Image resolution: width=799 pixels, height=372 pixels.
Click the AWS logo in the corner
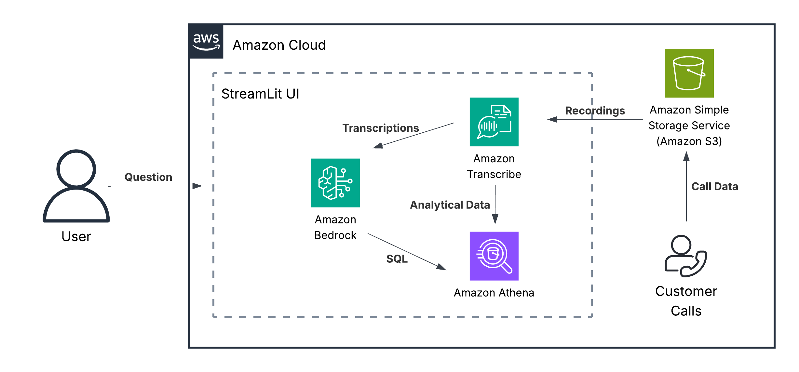pyautogui.click(x=206, y=42)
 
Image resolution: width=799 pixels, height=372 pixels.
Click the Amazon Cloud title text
pyautogui.click(x=279, y=45)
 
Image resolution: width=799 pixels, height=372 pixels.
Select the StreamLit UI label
pyautogui.click(x=260, y=94)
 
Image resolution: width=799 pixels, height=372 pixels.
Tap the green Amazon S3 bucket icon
pyautogui.click(x=689, y=73)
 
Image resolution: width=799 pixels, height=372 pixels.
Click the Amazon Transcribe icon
pyautogui.click(x=494, y=122)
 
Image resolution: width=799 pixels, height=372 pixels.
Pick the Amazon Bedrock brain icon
pyautogui.click(x=335, y=183)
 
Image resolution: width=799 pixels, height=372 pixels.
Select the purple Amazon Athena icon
pyautogui.click(x=494, y=256)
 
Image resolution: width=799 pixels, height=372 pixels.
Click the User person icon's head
pyautogui.click(x=76, y=169)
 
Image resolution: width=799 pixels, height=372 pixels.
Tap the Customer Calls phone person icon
pyautogui.click(x=685, y=256)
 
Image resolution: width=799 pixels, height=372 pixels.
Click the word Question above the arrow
pyautogui.click(x=148, y=177)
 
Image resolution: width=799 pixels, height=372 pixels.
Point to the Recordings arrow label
pyautogui.click(x=595, y=111)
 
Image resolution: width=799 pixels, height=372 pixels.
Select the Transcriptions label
pyautogui.click(x=380, y=128)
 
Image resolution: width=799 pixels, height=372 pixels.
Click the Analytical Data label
pyautogui.click(x=450, y=205)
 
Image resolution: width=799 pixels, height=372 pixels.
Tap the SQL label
pyautogui.click(x=397, y=259)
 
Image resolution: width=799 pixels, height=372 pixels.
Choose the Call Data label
pyautogui.click(x=714, y=187)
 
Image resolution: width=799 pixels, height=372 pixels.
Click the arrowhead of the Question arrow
pyautogui.click(x=197, y=186)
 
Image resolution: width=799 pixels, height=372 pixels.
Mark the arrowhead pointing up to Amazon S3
pyautogui.click(x=686, y=156)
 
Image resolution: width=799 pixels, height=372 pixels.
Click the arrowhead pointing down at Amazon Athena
pyautogui.click(x=495, y=219)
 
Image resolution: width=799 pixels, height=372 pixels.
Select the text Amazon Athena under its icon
pyautogui.click(x=494, y=293)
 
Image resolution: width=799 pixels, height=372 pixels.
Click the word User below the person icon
pyautogui.click(x=76, y=236)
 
